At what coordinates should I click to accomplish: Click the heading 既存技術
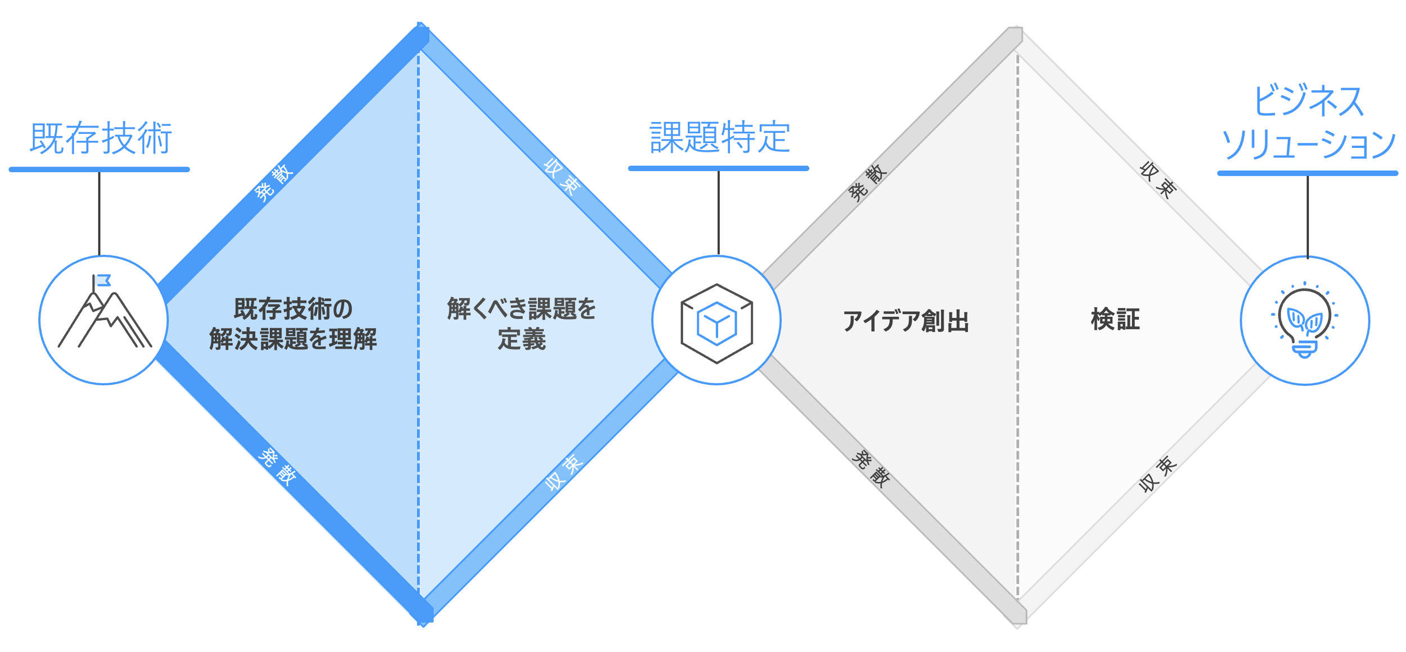coord(101,138)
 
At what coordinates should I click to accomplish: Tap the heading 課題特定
coord(719,137)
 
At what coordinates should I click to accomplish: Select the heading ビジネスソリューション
coord(1308,123)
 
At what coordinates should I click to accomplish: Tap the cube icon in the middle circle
coord(716,323)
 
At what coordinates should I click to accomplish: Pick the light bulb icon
coord(1304,321)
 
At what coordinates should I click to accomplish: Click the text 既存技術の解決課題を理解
coord(293,323)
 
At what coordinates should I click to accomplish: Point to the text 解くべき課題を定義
coord(521,323)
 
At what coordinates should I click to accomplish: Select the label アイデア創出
coord(905,321)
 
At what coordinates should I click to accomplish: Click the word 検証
coord(1115,320)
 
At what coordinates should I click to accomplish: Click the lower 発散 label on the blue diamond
coord(277,467)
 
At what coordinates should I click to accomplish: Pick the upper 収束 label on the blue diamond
coord(561,177)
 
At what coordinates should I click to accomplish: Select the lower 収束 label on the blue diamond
coord(564,472)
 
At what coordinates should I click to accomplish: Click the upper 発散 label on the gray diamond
coord(867,183)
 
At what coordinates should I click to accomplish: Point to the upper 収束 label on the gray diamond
coord(1157,180)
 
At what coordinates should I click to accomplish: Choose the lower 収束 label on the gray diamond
coord(1157,474)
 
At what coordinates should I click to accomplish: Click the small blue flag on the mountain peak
coord(103,280)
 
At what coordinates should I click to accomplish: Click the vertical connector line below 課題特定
coord(718,213)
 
